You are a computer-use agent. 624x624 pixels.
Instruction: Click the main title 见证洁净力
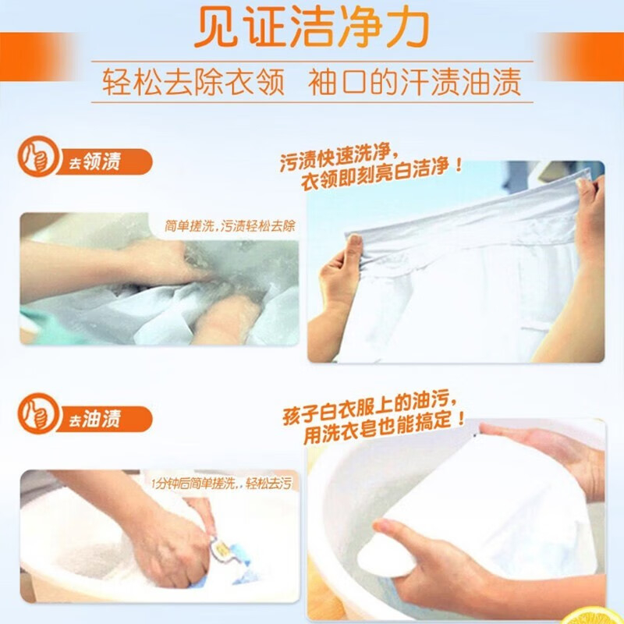click(311, 27)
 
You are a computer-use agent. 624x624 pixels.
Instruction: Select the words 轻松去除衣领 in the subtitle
click(193, 82)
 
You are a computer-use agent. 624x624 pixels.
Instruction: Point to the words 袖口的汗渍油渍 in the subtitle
click(414, 82)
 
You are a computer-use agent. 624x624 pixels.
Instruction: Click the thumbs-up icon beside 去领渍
click(37, 157)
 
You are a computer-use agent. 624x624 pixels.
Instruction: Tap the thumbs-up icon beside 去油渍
click(37, 413)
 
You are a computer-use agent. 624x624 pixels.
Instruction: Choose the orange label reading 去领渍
click(105, 162)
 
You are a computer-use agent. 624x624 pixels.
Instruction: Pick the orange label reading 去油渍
click(105, 419)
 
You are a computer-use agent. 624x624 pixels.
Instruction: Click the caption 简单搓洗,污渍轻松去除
click(230, 226)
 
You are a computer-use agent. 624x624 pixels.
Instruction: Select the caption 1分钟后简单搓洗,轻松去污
click(222, 484)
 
